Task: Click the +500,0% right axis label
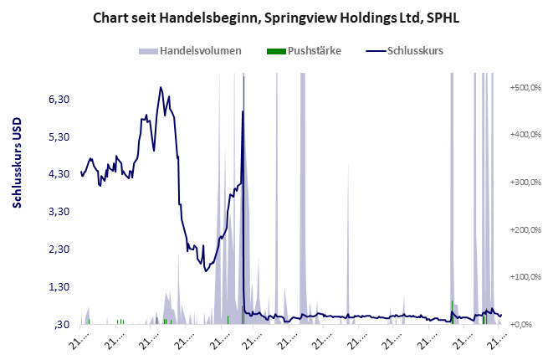click(x=525, y=87)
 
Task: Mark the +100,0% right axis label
click(x=525, y=277)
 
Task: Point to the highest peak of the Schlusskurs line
click(x=160, y=86)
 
